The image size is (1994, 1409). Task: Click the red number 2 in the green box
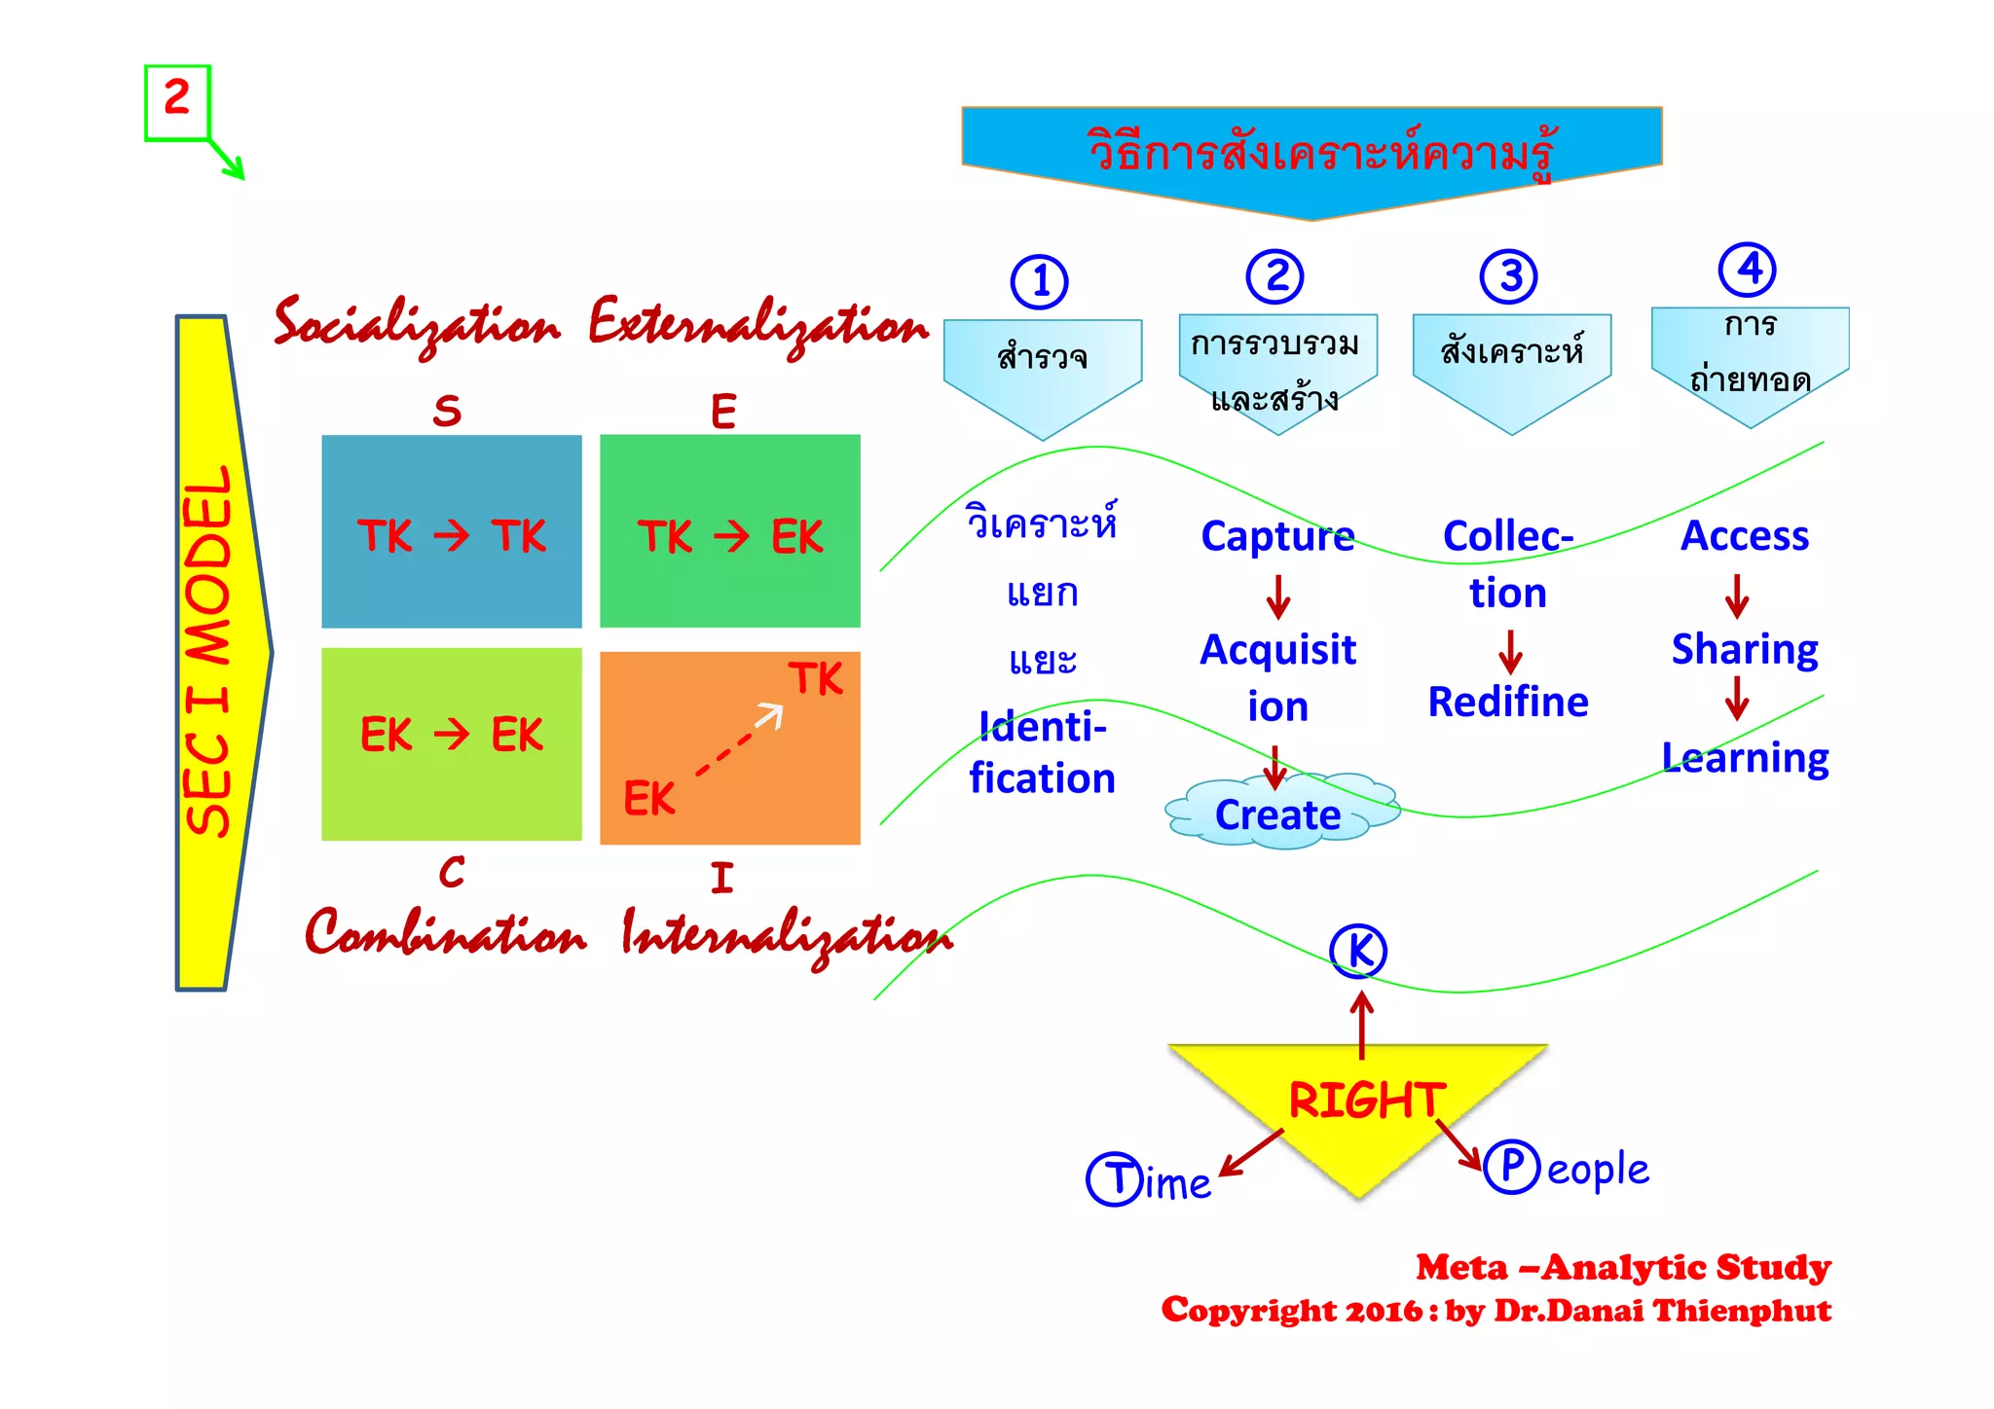(176, 98)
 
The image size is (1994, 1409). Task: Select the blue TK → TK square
(452, 531)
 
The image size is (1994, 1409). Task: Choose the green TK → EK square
(730, 531)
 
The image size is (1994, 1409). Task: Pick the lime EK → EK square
(452, 743)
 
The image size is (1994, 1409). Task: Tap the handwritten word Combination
(446, 934)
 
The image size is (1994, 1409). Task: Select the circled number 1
(1040, 282)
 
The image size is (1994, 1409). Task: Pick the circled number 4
(1748, 270)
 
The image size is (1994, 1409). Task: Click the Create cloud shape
(1279, 813)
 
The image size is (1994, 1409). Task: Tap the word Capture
(1277, 536)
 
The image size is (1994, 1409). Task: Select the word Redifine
(1508, 702)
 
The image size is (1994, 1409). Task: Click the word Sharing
(1745, 649)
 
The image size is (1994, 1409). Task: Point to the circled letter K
(1358, 951)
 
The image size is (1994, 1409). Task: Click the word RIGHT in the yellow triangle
(1367, 1100)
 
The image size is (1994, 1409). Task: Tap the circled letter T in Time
(1114, 1179)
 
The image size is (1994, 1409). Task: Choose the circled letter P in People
(1511, 1166)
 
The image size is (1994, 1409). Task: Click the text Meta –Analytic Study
(1623, 1267)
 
